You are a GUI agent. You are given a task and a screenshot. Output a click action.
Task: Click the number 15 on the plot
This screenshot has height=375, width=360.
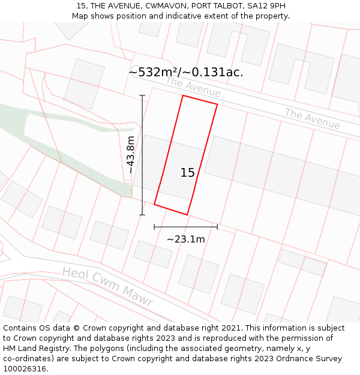coord(187,173)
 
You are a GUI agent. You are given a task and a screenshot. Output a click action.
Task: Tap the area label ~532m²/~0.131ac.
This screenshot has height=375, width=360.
coord(186,72)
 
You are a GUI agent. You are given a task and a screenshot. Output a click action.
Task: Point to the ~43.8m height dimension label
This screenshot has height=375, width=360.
coord(130,155)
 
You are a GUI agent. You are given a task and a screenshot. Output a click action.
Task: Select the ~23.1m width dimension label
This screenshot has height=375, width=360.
coord(185,239)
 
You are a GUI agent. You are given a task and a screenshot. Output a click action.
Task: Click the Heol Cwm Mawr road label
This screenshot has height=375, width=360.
coord(107,287)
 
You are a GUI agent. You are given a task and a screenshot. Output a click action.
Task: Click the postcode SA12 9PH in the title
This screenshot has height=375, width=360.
coord(266,6)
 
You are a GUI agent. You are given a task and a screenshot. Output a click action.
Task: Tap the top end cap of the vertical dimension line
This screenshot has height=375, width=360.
coord(142,95)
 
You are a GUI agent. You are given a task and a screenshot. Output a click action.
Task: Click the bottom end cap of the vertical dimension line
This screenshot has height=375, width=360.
coord(142,214)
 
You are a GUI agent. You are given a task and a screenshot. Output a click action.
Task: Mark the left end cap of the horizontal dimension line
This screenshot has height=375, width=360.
coord(154,227)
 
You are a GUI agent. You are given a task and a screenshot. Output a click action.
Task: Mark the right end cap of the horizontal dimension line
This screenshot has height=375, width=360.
coord(217,227)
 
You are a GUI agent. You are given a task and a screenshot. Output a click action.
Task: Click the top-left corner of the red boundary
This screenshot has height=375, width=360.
coord(183,95)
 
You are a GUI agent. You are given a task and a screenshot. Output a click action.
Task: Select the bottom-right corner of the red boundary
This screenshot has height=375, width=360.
coord(187,214)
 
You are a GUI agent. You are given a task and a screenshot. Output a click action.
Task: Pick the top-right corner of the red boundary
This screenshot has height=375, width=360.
coord(217,105)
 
